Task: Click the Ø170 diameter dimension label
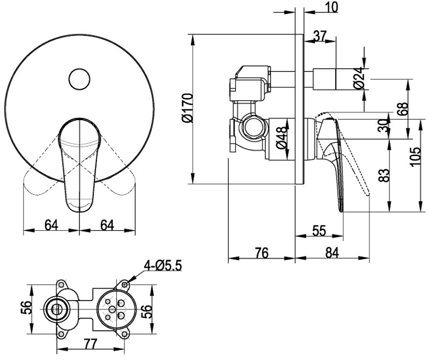(x=188, y=108)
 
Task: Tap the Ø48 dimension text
(x=283, y=137)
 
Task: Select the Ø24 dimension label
(x=359, y=78)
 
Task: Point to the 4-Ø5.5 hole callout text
(x=163, y=266)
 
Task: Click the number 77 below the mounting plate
(x=90, y=344)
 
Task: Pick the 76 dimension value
(x=262, y=253)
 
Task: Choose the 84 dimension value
(x=332, y=253)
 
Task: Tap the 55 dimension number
(x=319, y=231)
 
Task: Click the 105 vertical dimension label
(x=415, y=156)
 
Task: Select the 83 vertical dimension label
(x=384, y=175)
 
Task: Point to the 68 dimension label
(x=403, y=109)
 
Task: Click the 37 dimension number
(x=319, y=36)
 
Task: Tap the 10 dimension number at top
(x=331, y=7)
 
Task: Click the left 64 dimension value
(x=51, y=225)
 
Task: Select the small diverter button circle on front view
(x=79, y=79)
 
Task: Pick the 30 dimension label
(x=384, y=126)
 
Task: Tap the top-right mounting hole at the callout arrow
(x=125, y=285)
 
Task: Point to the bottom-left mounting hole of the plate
(x=61, y=334)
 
